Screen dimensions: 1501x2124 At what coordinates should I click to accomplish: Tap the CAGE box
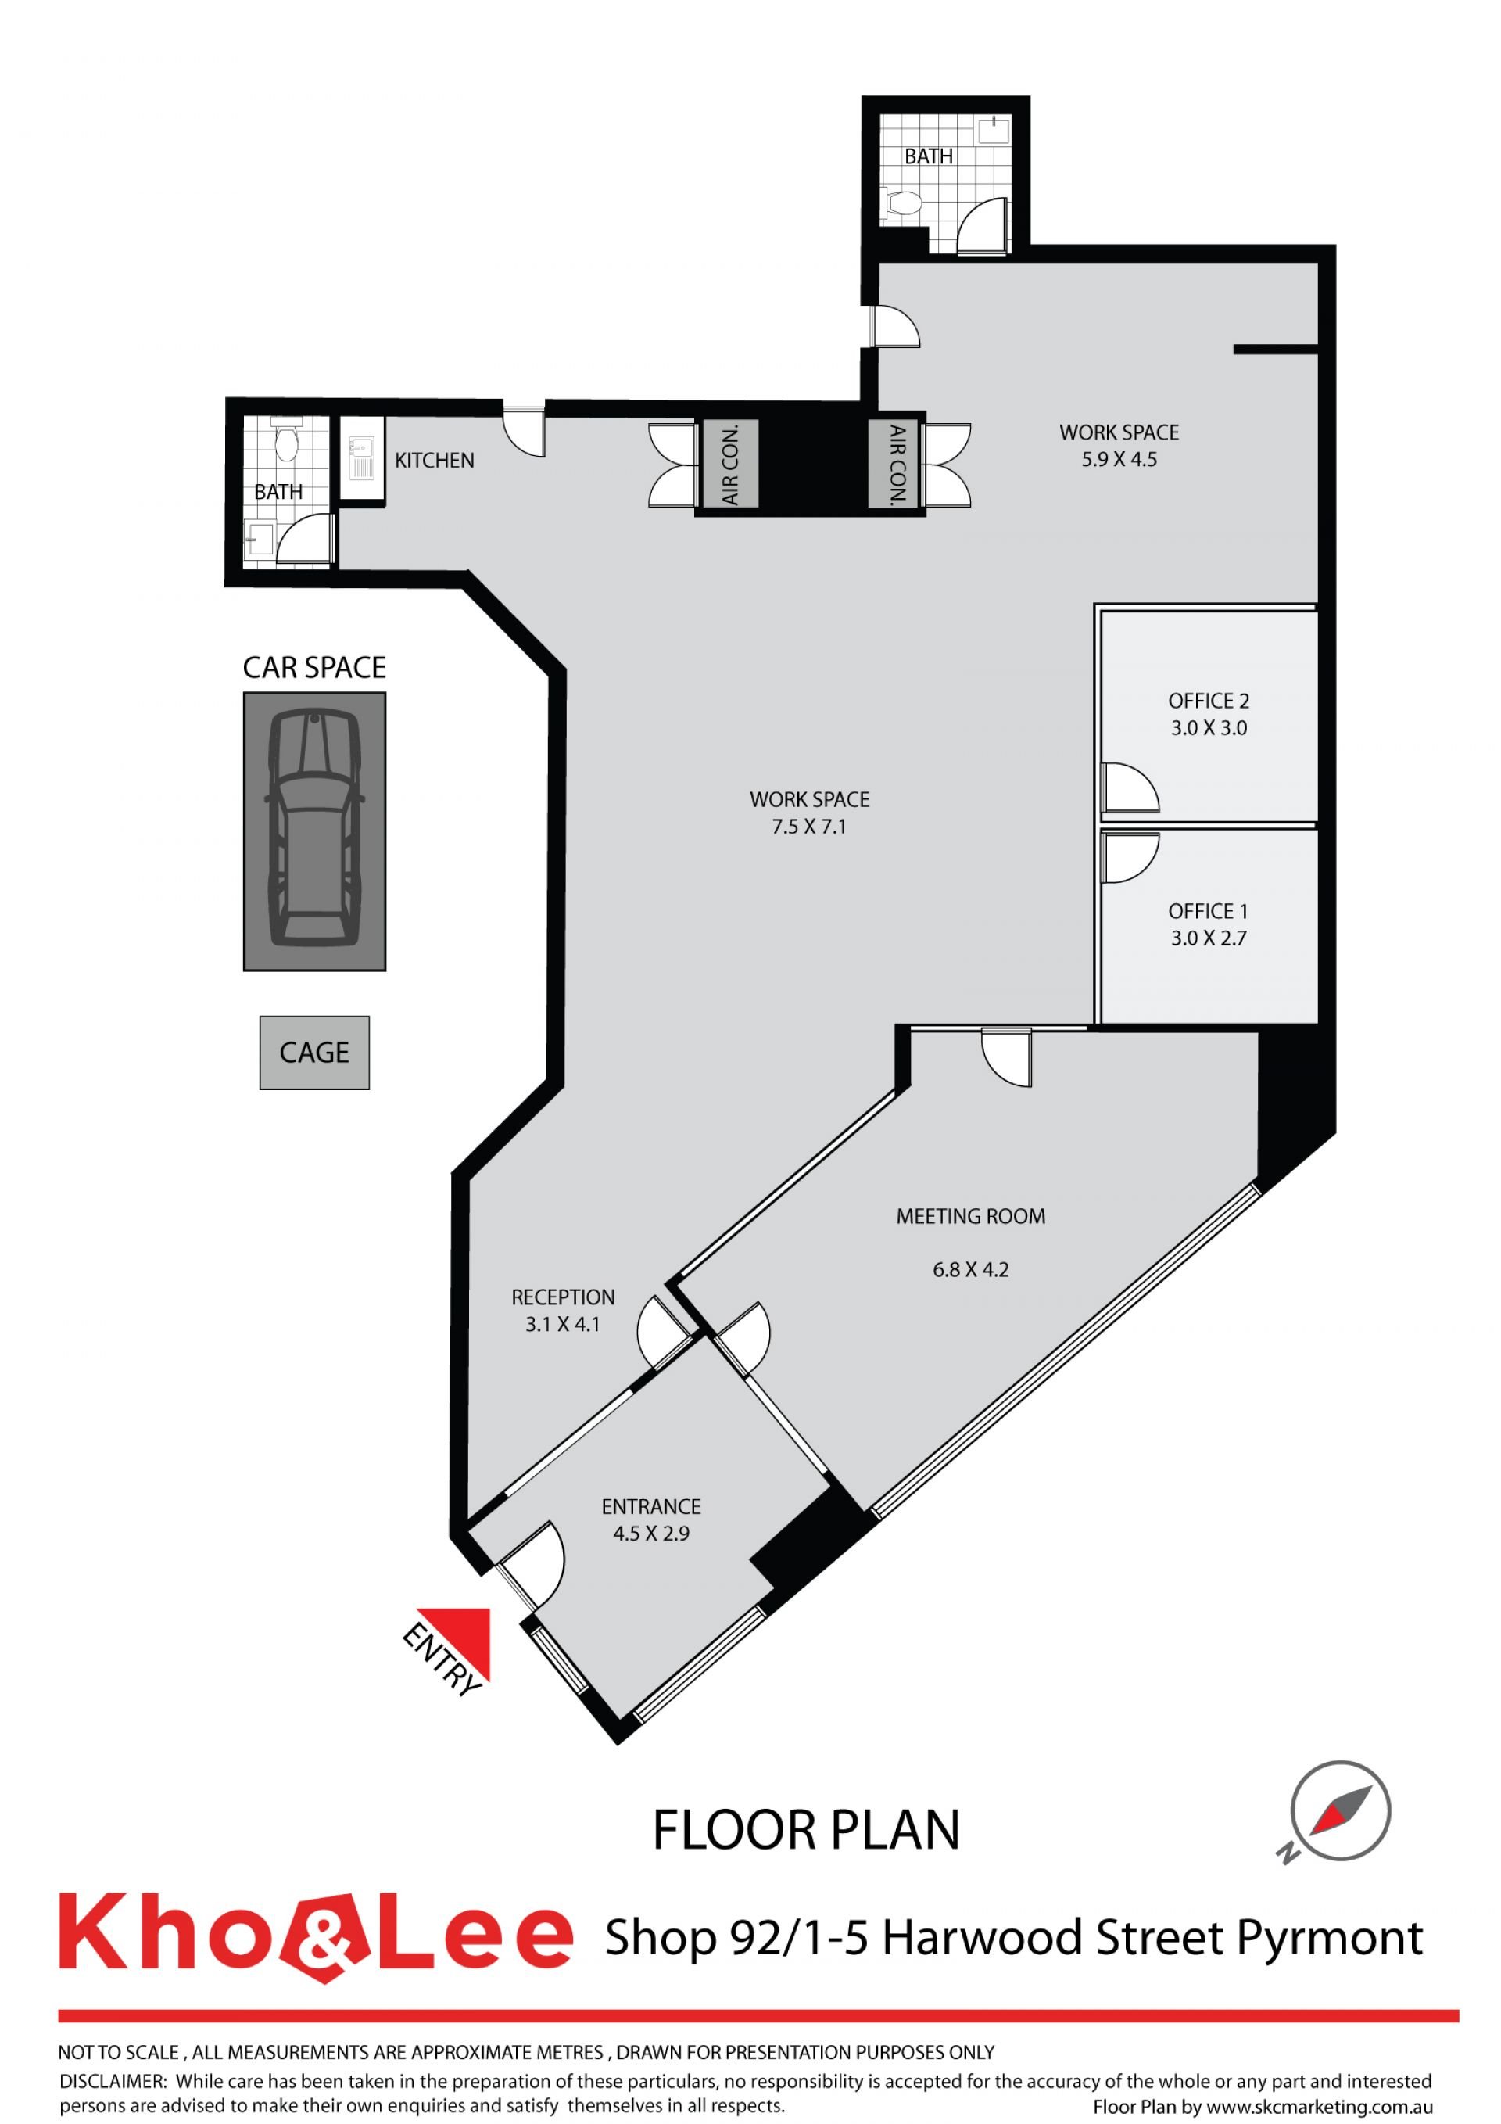click(314, 1053)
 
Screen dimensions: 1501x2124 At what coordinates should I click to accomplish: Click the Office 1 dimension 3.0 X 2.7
click(1209, 938)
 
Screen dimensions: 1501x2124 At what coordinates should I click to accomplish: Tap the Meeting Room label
click(971, 1217)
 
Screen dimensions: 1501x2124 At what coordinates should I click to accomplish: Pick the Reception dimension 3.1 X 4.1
click(562, 1324)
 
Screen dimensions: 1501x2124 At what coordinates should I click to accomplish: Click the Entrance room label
click(651, 1507)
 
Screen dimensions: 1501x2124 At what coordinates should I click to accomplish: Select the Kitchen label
click(435, 461)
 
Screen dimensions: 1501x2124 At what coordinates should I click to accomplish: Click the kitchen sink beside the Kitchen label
click(362, 459)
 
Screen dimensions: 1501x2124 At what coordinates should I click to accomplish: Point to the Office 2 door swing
click(1130, 788)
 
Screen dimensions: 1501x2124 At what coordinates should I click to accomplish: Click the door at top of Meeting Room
click(1007, 1057)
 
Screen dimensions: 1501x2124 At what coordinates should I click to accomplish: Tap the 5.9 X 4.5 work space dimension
click(1119, 460)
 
